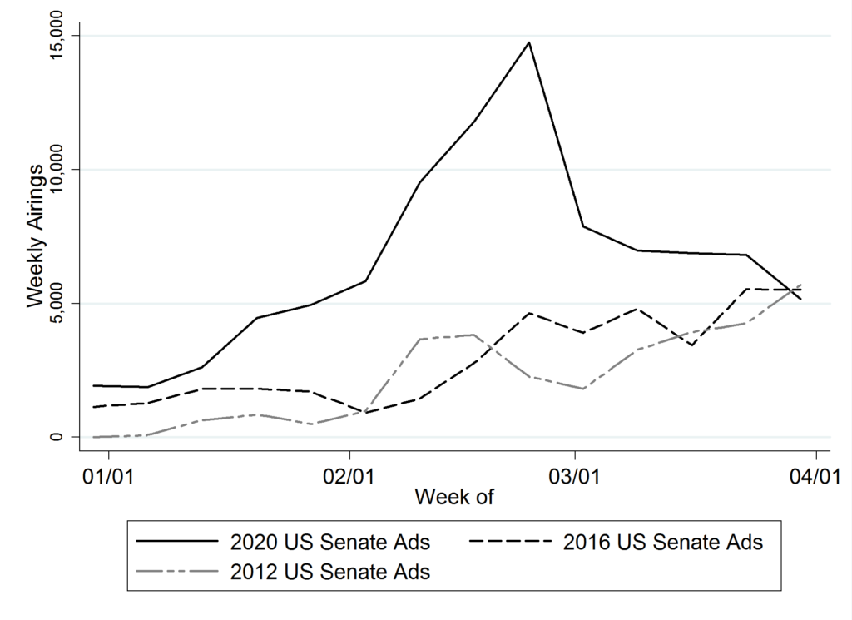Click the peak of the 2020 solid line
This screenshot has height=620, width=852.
pyautogui.click(x=529, y=42)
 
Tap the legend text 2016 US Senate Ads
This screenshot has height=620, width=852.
pyautogui.click(x=662, y=543)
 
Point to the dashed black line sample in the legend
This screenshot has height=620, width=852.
pyautogui.click(x=511, y=543)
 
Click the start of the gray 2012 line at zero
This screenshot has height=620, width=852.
pyautogui.click(x=95, y=437)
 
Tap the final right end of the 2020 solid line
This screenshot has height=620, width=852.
pyautogui.click(x=800, y=299)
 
